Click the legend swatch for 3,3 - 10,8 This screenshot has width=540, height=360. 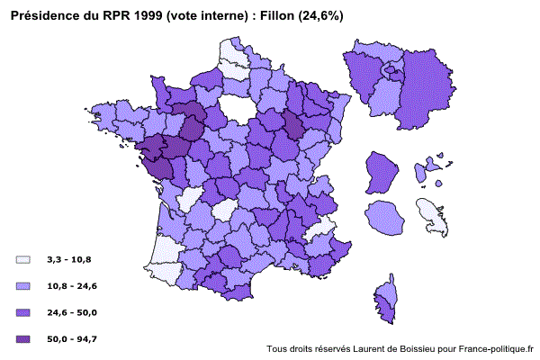point(23,260)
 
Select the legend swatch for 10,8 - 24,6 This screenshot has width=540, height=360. point(23,286)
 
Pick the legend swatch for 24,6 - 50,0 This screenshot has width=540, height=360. point(23,312)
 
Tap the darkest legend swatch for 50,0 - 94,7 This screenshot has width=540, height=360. point(23,338)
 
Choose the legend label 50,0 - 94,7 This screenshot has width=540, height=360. point(72,338)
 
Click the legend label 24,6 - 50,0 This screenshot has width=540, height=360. point(72,312)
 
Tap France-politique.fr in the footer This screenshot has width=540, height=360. point(496,349)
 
